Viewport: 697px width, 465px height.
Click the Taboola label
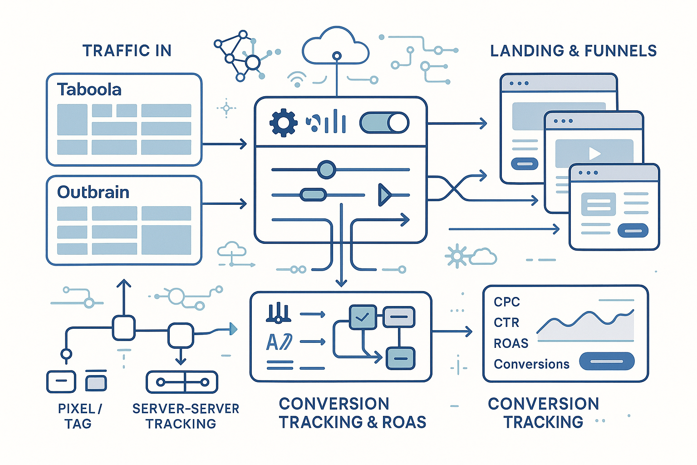coord(89,90)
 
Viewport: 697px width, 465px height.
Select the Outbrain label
coord(93,193)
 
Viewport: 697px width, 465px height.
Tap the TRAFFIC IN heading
coord(127,50)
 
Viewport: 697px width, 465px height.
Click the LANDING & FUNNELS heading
coord(573,51)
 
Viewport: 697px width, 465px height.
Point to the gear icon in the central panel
coord(283,123)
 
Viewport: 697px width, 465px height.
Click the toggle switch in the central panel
coord(384,123)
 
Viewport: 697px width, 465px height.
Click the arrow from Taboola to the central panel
coord(224,144)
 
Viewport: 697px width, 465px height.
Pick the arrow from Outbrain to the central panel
coord(224,203)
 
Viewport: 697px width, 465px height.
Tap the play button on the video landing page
coord(594,153)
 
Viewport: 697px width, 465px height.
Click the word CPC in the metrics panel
coord(506,302)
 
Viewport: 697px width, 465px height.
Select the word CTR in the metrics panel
coord(506,322)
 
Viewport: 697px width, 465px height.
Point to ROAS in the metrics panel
coord(511,343)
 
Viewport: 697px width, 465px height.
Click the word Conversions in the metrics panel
coord(531,364)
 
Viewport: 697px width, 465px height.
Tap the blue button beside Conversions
coord(607,361)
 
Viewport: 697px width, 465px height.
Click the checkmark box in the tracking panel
coord(362,317)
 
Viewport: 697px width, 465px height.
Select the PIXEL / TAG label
coord(79,416)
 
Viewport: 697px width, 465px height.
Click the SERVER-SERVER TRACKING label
coord(185,416)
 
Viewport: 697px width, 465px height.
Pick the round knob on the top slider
coord(326,170)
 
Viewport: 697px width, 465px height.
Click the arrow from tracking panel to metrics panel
coord(452,332)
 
